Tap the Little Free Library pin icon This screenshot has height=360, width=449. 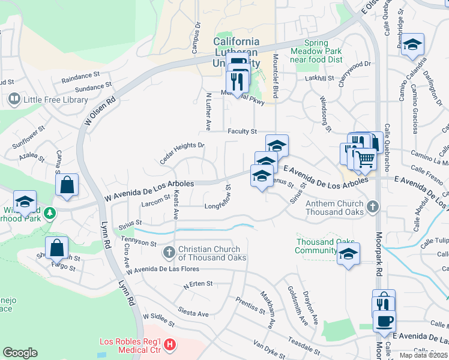point(13,98)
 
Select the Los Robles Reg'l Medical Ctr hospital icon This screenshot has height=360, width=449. point(170,344)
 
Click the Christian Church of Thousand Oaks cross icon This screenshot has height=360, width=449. point(169,253)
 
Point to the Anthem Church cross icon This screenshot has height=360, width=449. point(373,207)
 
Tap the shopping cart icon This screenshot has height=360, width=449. point(365,159)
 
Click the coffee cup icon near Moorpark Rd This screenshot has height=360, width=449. point(384,320)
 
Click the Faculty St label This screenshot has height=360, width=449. point(242,131)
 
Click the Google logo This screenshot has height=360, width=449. point(20,353)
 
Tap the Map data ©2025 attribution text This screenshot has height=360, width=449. point(423,355)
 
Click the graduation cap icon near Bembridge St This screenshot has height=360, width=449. point(412,45)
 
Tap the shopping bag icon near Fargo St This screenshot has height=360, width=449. point(56,247)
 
